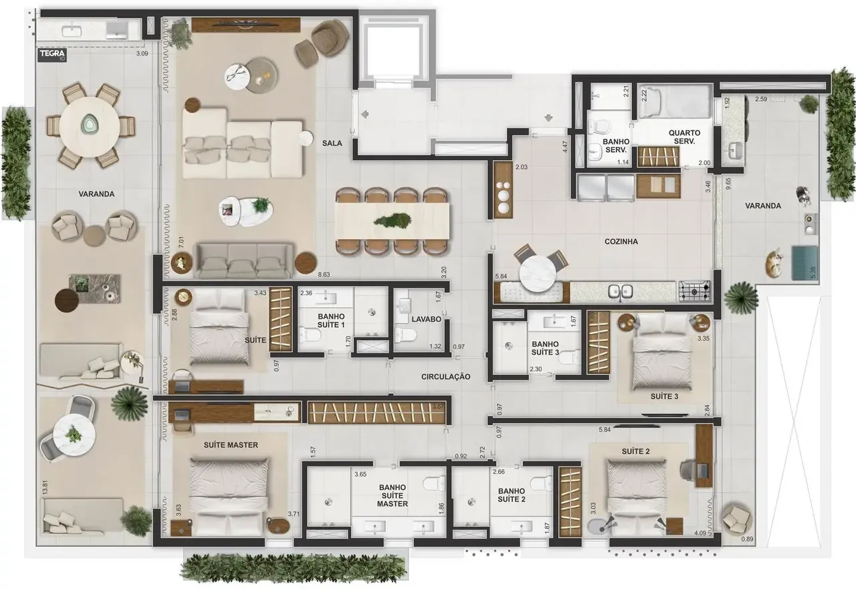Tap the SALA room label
coord(332,143)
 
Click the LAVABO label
coord(426,319)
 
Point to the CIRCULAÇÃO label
coord(445,377)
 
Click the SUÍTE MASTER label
coord(231,444)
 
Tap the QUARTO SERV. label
coord(684,137)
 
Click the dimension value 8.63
coord(324,274)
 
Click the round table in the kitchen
coord(539,275)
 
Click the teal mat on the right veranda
coord(805,262)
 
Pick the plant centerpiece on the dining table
coord(393,220)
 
